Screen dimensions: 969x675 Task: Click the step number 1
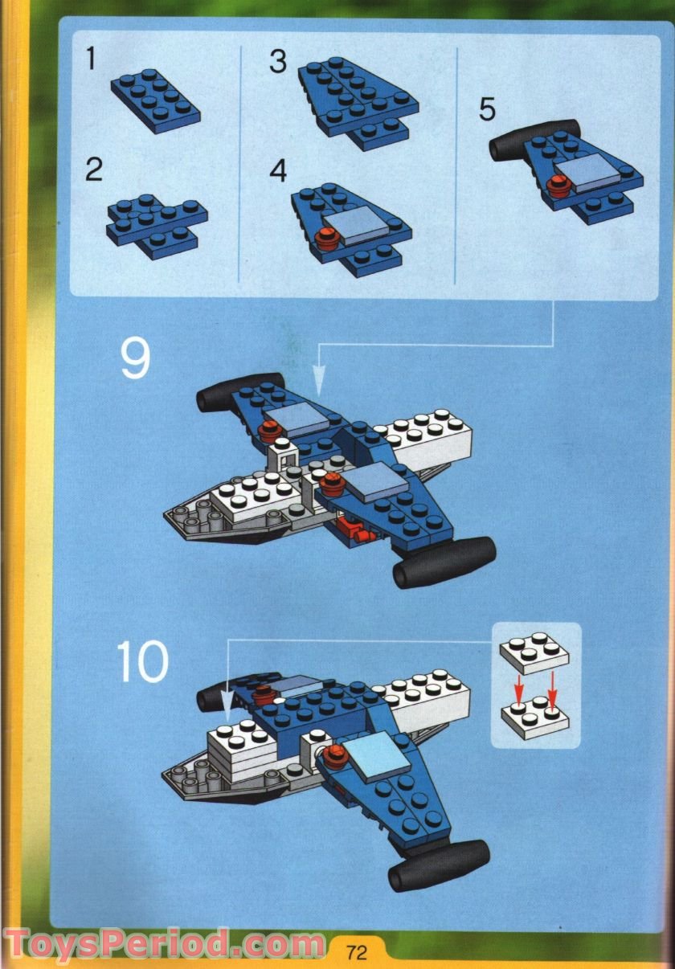(x=92, y=59)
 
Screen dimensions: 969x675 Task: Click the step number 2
(x=94, y=170)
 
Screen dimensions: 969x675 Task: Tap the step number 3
(x=278, y=61)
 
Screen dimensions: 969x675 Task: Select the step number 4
(x=278, y=171)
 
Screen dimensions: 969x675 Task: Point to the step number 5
(x=487, y=109)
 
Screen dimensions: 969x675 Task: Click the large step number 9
(x=135, y=359)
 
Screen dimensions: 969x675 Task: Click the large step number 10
(x=143, y=660)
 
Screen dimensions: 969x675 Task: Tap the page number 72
(x=357, y=953)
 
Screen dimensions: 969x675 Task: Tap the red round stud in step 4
(x=325, y=237)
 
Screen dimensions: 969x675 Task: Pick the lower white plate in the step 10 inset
(x=534, y=714)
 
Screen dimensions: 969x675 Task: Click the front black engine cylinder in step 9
(x=444, y=560)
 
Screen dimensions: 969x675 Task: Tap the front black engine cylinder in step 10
(x=439, y=863)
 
